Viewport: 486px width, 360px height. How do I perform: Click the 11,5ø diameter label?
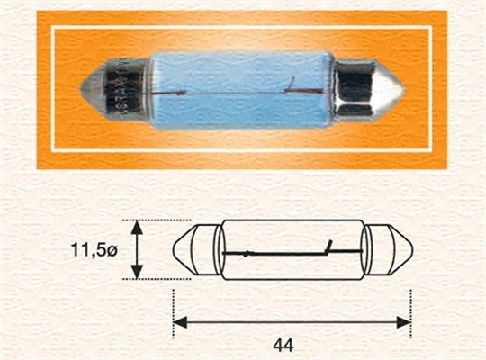(x=94, y=250)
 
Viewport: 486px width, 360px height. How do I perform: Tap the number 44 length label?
(x=283, y=344)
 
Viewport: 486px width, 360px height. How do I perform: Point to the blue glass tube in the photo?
(x=243, y=90)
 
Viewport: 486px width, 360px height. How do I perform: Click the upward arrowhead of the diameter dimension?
(x=137, y=228)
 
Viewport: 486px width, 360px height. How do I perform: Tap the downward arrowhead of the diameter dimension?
(x=137, y=272)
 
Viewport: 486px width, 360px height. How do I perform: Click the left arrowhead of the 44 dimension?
(x=180, y=322)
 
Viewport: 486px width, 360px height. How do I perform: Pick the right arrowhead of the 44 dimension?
(x=404, y=322)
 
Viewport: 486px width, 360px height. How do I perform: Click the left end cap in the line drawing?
(x=197, y=250)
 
